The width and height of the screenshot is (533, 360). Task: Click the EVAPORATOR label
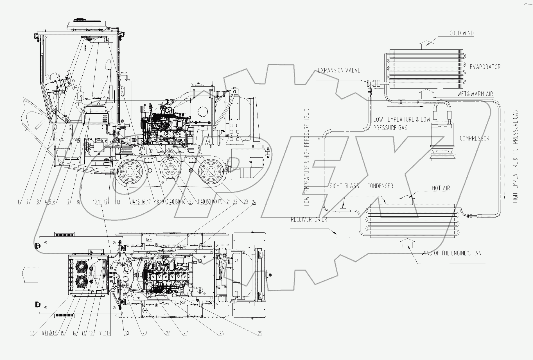coord(485,67)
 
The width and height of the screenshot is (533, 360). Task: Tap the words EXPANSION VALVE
coord(339,70)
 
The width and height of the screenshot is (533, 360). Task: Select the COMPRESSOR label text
coord(475,138)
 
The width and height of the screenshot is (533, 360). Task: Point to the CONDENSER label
coord(380,186)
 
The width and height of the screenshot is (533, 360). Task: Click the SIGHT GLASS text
coord(344,186)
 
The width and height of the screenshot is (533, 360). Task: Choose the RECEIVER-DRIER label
coord(309,219)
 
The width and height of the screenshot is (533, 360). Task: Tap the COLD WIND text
coord(461,33)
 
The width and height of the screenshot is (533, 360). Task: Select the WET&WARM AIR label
coord(475,94)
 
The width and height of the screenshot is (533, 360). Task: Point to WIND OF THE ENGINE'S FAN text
coord(451,253)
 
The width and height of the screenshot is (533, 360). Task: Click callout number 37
coord(31,334)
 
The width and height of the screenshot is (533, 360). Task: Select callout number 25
coord(260,334)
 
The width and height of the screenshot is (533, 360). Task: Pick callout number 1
coord(19,202)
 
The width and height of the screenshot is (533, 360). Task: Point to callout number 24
coord(254,202)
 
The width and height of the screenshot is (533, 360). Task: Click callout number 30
coord(127,334)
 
